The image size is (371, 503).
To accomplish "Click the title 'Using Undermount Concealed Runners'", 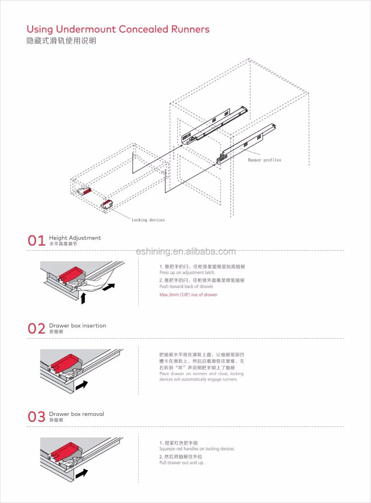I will (x=118, y=29).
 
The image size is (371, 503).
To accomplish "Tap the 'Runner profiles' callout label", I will (x=264, y=160).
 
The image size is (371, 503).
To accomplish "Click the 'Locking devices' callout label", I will (x=148, y=220).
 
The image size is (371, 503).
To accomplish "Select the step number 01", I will (x=36, y=241).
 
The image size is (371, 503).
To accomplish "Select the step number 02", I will (x=36, y=328).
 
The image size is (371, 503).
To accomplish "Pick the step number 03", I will (x=36, y=417).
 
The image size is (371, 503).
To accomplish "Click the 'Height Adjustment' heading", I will (x=75, y=238).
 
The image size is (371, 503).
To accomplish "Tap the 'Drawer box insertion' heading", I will (x=78, y=325).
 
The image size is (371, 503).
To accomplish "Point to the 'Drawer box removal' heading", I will (x=76, y=414).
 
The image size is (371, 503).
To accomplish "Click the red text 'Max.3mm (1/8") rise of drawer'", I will (x=188, y=295).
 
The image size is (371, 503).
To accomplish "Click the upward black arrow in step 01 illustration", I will (x=83, y=298).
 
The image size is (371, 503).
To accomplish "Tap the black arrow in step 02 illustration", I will (x=82, y=385).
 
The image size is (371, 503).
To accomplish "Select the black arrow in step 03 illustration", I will (x=82, y=473).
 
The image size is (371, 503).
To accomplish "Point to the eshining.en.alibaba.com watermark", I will (x=185, y=252).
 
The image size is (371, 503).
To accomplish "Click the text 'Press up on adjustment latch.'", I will (x=187, y=272).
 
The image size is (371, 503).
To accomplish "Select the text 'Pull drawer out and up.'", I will (x=181, y=463).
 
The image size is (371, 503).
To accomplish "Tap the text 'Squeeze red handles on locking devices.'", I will (x=197, y=449).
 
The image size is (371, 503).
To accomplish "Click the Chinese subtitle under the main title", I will (x=61, y=41).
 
